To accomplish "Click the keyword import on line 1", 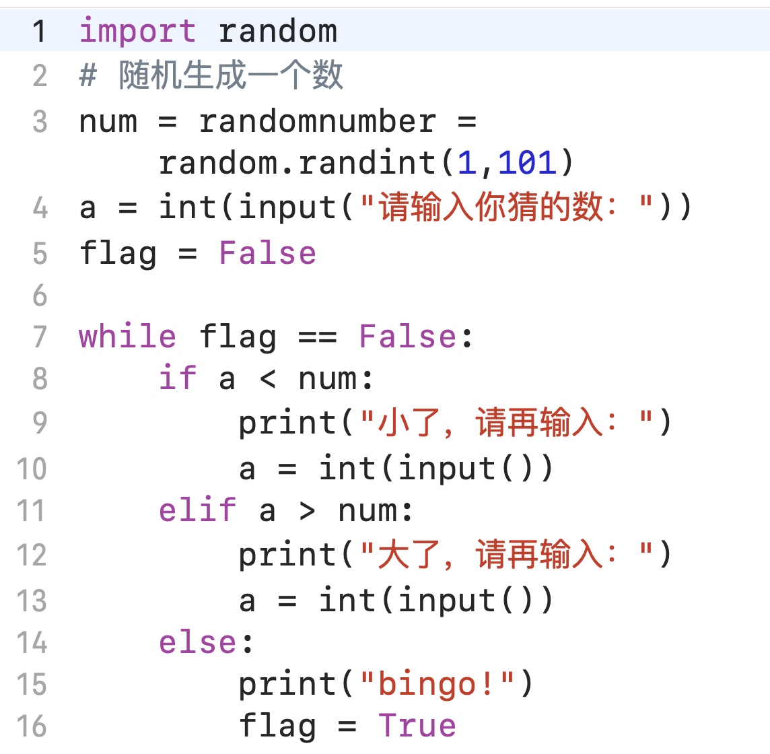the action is (x=137, y=31).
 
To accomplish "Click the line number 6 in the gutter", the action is (x=40, y=296).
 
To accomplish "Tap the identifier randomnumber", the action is (x=317, y=121).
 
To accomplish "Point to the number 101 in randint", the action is (x=528, y=162).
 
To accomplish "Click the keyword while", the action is (x=127, y=336).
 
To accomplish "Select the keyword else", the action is (x=197, y=642).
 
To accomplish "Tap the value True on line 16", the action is (x=417, y=726).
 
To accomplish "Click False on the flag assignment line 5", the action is (x=267, y=253).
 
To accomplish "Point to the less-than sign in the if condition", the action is (x=267, y=379).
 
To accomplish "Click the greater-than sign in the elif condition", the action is (x=307, y=511).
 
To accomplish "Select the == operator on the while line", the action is (x=317, y=336).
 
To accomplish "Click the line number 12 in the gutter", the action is (x=32, y=555).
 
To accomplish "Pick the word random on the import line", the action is (x=277, y=31).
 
